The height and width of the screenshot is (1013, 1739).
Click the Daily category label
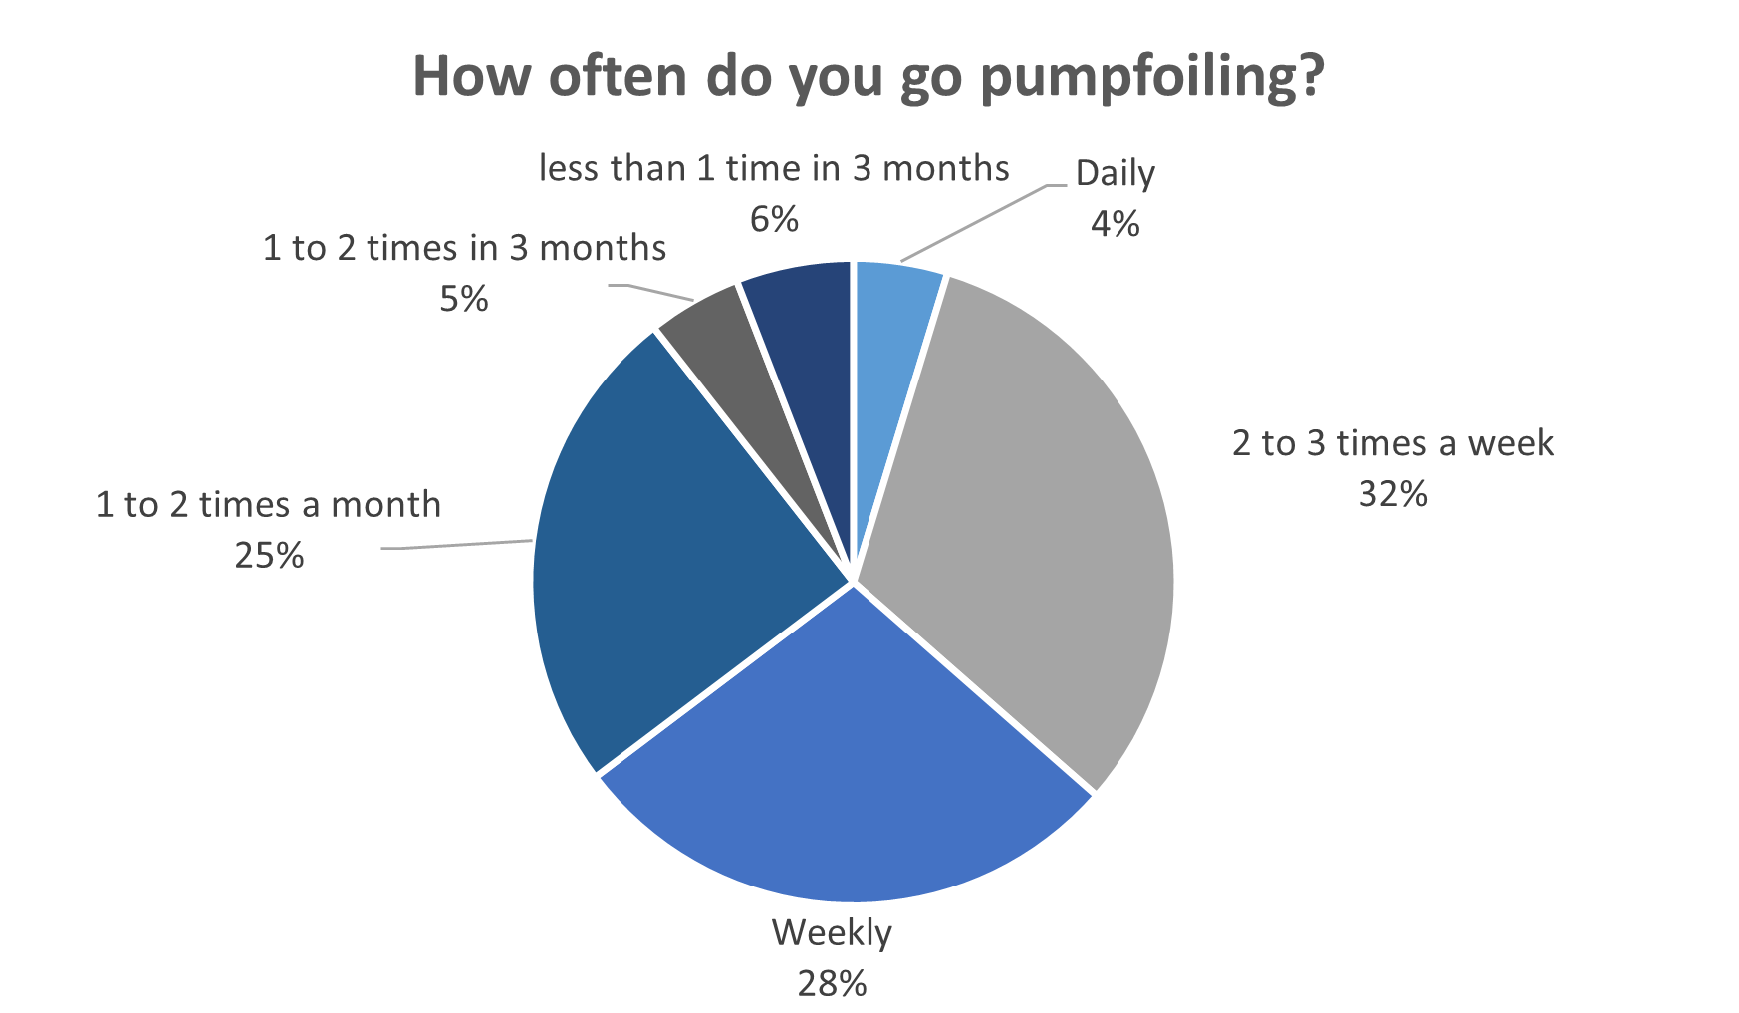[1116, 174]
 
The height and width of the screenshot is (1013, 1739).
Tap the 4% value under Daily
[1116, 224]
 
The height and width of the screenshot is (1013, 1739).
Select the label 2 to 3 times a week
[1392, 443]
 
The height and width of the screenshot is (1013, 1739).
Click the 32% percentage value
[1392, 494]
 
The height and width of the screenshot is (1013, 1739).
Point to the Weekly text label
[832, 933]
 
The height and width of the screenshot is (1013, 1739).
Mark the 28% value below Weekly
[832, 984]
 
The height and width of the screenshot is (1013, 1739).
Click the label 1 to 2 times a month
[268, 505]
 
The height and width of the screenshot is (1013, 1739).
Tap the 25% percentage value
[269, 556]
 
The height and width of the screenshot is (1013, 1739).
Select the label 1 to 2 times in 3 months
[464, 248]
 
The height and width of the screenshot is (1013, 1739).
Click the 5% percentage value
[464, 299]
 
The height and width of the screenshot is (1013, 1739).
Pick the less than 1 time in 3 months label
[774, 169]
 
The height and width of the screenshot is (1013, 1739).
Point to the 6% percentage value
[774, 219]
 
